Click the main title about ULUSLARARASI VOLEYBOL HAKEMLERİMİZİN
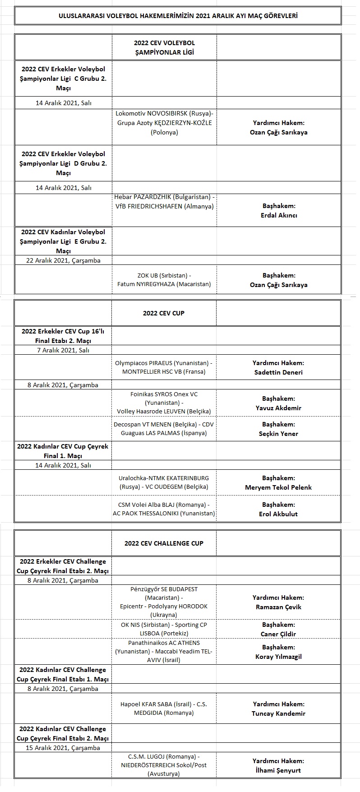(x=178, y=16)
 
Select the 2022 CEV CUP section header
(x=164, y=313)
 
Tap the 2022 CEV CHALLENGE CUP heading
(x=164, y=543)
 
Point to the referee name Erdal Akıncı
(x=278, y=215)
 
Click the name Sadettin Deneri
(x=278, y=372)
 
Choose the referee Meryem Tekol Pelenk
(x=278, y=487)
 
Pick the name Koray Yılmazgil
(x=278, y=657)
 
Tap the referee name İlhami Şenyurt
(x=278, y=770)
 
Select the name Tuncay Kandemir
(x=278, y=713)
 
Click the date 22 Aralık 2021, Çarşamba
(x=64, y=260)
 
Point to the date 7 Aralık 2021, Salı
(x=64, y=350)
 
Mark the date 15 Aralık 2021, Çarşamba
(x=63, y=748)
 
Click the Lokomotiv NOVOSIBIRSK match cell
(x=164, y=123)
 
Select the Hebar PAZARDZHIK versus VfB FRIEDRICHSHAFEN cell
(x=164, y=202)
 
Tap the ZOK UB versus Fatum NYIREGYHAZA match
(x=164, y=280)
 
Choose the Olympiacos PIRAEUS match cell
(x=164, y=367)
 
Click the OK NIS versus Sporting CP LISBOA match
(x=164, y=629)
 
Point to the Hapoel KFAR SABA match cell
(x=164, y=709)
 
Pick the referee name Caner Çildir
(x=278, y=634)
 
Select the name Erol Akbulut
(x=278, y=514)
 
